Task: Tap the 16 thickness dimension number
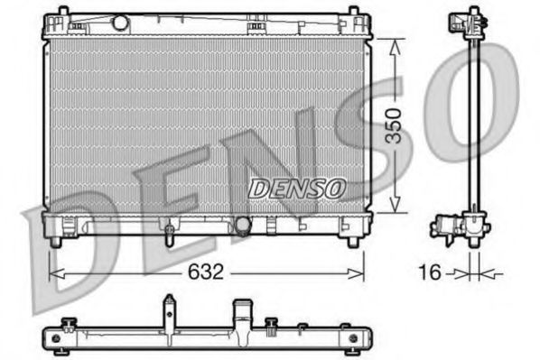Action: tap(433, 270)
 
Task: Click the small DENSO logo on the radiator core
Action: tap(296, 188)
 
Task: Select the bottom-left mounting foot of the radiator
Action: tap(56, 241)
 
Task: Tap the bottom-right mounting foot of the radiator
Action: tap(351, 241)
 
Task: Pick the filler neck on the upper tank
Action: tap(117, 22)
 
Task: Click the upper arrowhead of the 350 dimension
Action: tap(393, 45)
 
